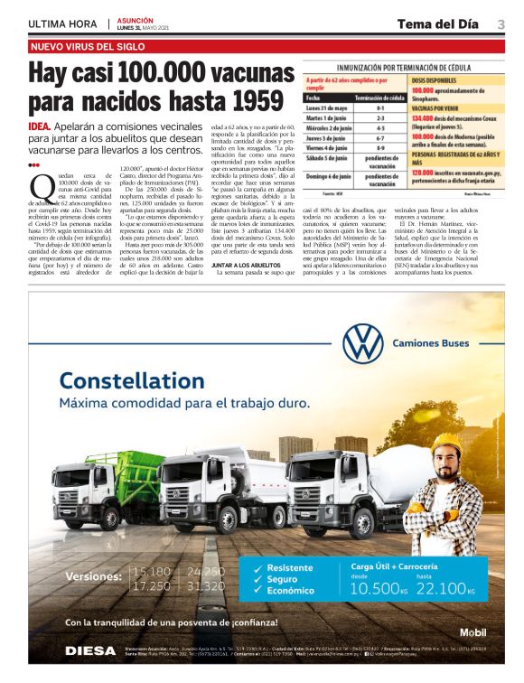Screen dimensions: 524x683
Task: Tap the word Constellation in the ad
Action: [x=131, y=380]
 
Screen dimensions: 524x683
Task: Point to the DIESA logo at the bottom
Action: [x=89, y=650]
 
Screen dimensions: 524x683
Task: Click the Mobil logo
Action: [x=473, y=632]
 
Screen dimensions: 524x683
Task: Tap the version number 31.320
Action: [x=206, y=586]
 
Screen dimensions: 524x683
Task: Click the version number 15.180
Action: [x=151, y=572]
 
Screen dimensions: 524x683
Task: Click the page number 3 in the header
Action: [x=501, y=24]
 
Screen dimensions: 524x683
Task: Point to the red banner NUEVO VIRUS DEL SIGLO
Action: [x=89, y=46]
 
